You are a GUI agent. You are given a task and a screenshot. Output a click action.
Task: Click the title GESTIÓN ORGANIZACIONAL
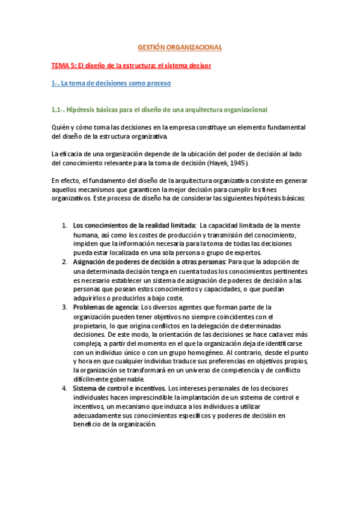180,47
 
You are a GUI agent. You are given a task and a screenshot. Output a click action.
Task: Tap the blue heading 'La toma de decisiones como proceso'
111,83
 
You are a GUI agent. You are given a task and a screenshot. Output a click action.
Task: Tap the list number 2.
64,262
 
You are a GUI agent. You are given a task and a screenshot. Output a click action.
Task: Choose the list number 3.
64,307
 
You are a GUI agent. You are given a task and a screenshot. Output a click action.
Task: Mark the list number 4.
64,388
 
